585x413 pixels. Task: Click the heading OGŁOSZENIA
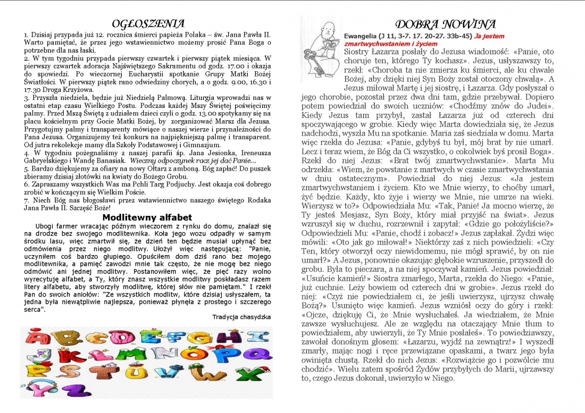pos(148,24)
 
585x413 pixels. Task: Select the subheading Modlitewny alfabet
pos(147,217)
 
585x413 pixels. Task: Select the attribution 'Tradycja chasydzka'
pos(241,317)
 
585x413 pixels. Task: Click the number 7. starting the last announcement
pos(26,201)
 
